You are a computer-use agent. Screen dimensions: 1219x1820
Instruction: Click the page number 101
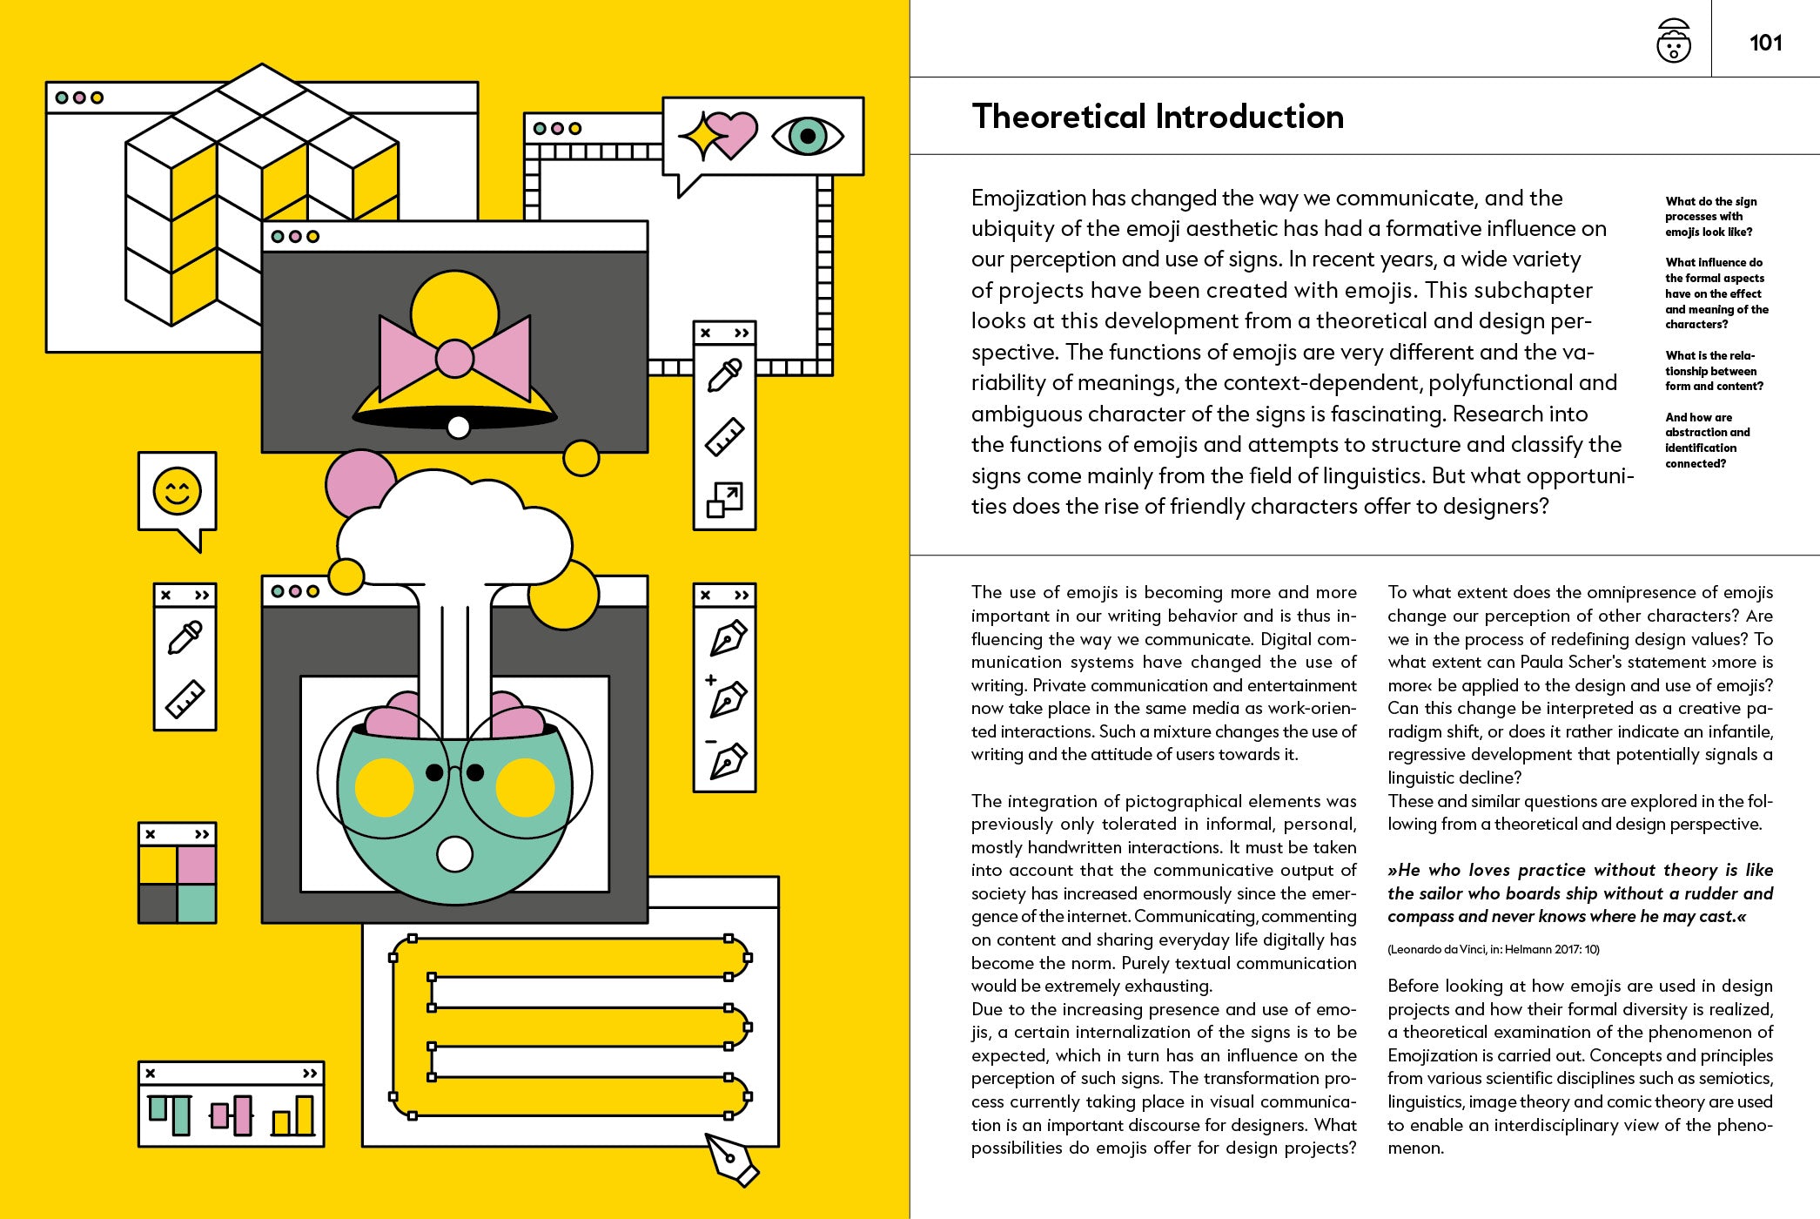(1765, 43)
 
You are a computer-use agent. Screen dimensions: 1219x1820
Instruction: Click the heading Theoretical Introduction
(1157, 117)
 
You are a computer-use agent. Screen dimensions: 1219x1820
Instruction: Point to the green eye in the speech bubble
(808, 136)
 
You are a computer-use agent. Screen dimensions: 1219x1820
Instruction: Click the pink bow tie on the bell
(454, 357)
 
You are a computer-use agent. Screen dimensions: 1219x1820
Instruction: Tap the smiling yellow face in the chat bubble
(177, 491)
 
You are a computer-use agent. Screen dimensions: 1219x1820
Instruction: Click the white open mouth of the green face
(453, 853)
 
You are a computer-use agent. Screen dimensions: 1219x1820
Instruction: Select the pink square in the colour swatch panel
(197, 865)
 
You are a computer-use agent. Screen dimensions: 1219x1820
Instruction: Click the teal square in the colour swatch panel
(197, 904)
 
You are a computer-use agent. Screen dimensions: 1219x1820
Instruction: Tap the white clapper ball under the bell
(458, 427)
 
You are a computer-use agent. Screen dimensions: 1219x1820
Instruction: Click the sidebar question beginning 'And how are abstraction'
(1707, 440)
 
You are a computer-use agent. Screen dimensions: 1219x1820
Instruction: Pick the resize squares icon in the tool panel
(724, 500)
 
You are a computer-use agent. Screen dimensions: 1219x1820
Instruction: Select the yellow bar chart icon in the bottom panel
(293, 1116)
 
